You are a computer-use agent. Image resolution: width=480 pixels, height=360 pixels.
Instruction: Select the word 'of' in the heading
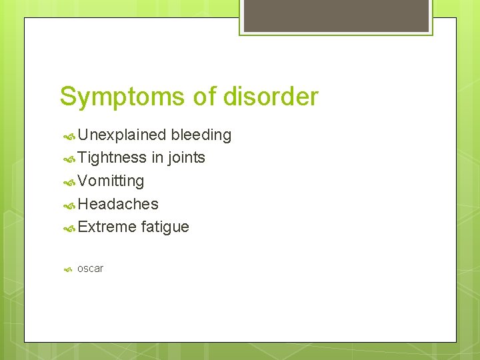203,97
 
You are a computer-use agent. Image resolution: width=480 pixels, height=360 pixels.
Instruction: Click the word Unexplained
122,135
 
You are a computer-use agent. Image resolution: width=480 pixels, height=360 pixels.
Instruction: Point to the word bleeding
201,135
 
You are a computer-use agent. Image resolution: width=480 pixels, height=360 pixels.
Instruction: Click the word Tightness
112,158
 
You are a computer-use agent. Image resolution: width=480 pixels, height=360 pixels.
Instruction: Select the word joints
186,158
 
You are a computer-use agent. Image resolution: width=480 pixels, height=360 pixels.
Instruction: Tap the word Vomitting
111,181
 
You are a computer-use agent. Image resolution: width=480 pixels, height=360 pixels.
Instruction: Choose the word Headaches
118,204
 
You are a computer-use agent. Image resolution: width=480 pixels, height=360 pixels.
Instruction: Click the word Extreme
107,227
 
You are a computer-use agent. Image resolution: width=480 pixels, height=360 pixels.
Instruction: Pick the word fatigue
165,227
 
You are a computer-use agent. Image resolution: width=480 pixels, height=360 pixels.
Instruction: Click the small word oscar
90,269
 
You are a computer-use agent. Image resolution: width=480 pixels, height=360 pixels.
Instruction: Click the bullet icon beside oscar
68,269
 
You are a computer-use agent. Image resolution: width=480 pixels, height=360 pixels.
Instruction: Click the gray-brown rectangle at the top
336,15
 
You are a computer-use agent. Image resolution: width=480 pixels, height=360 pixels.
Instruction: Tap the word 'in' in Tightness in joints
157,158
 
